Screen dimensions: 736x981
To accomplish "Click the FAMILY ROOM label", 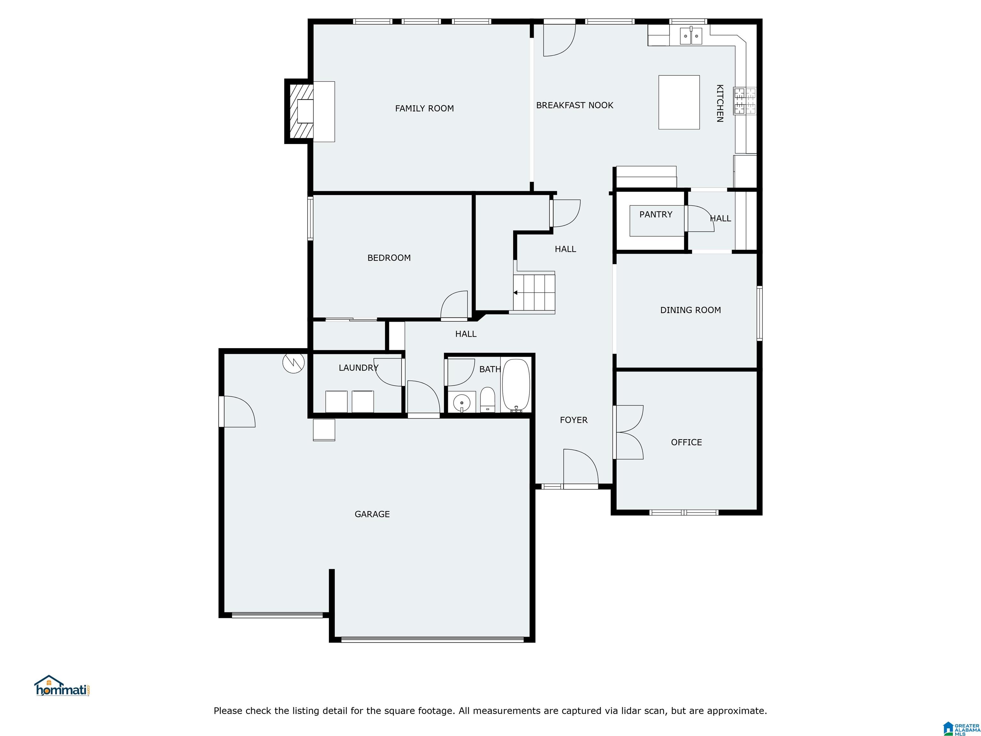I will tap(424, 108).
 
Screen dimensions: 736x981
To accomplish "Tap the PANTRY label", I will tap(656, 214).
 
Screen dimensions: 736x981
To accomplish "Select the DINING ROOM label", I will tap(690, 310).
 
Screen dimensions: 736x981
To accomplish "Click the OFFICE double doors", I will tap(628, 432).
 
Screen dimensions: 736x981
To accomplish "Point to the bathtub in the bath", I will tap(516, 385).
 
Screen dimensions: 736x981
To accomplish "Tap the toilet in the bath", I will tap(487, 399).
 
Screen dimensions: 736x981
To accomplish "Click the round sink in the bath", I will tap(462, 403).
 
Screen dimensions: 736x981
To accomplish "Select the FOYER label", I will tap(574, 420).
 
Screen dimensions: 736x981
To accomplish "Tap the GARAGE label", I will tap(372, 514).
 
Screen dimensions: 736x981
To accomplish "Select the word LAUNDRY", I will tap(358, 367).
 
